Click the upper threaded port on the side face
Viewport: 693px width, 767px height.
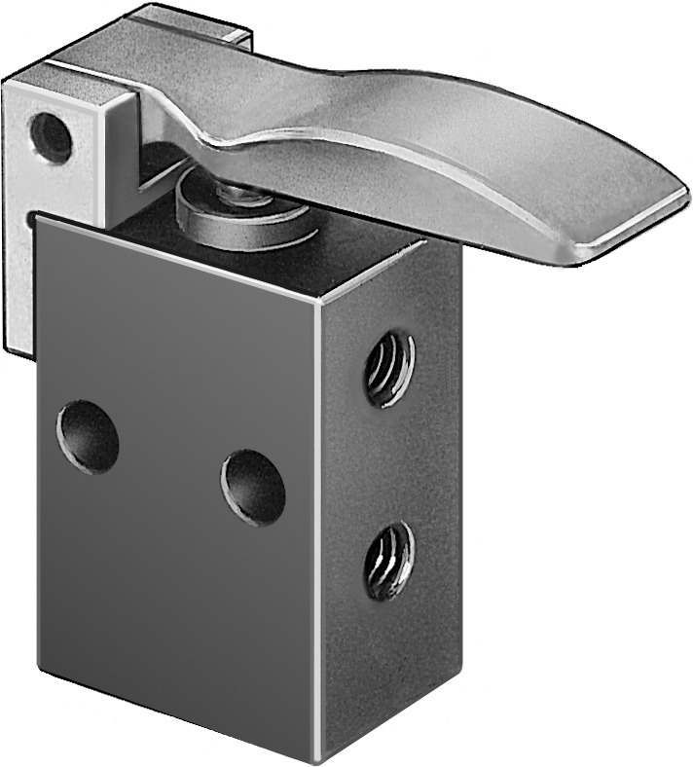click(x=388, y=368)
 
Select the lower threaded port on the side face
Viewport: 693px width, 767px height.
click(x=388, y=560)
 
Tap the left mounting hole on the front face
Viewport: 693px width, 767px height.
click(x=88, y=439)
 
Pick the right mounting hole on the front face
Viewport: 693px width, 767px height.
click(x=253, y=487)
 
